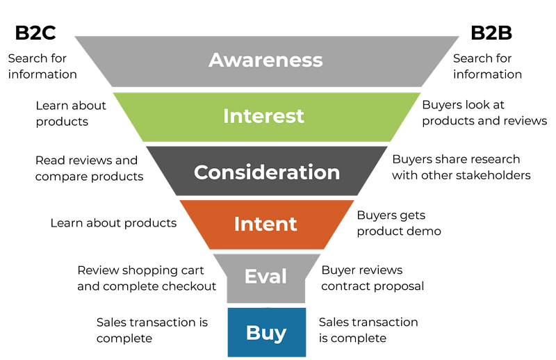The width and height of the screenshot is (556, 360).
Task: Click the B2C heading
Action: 35,33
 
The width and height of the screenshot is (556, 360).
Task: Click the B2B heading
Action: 491,33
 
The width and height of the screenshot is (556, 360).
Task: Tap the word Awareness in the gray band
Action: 265,60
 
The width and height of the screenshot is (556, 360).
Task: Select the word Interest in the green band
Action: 263,116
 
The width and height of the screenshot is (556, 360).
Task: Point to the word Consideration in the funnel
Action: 267,172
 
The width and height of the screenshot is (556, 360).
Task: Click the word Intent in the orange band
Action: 265,224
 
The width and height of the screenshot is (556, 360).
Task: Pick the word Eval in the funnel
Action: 265,276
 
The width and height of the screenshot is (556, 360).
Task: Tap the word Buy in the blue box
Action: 266,333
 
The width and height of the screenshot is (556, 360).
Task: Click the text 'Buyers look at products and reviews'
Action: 484,113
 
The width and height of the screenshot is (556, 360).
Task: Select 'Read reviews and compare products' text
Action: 90,168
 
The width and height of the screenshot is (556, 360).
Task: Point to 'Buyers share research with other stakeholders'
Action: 461,167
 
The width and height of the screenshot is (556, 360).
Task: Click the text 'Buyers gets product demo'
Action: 399,223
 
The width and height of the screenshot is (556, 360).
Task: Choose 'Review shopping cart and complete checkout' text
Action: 147,278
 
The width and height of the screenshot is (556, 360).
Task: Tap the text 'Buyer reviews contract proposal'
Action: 373,278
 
